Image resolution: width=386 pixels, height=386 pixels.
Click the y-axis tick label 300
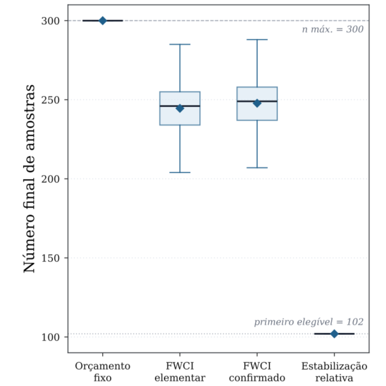tap(50, 21)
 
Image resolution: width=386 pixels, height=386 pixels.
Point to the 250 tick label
tap(50, 100)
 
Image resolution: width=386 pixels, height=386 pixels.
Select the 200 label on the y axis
tap(50, 179)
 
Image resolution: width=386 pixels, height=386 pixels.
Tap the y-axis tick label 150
tap(50, 258)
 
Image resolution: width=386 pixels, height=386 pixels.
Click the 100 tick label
tap(50, 337)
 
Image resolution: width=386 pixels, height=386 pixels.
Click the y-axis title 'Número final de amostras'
tap(29, 179)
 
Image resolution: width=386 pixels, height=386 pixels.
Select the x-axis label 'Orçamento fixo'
tap(103, 372)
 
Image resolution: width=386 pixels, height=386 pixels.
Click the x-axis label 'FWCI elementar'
tap(180, 372)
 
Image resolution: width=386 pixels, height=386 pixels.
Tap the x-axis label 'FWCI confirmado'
tap(257, 372)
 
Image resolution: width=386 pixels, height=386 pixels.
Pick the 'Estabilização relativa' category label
tap(334, 372)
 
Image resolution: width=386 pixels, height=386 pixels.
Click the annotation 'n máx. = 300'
tap(333, 29)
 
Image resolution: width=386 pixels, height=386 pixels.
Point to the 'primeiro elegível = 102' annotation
tap(309, 322)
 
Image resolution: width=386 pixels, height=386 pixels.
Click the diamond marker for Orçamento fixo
tap(103, 21)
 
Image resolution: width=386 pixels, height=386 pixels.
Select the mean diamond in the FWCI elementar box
tap(180, 108)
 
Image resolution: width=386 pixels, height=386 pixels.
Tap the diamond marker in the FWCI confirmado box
tap(257, 103)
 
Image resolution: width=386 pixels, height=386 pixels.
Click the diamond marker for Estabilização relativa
tap(334, 334)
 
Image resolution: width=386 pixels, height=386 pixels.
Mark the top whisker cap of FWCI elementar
tap(180, 44)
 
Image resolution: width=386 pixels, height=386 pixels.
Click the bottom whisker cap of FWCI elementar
tap(180, 172)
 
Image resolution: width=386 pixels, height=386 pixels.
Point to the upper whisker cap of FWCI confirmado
tap(257, 39)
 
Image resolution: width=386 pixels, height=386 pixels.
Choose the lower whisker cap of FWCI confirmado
tap(257, 168)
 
